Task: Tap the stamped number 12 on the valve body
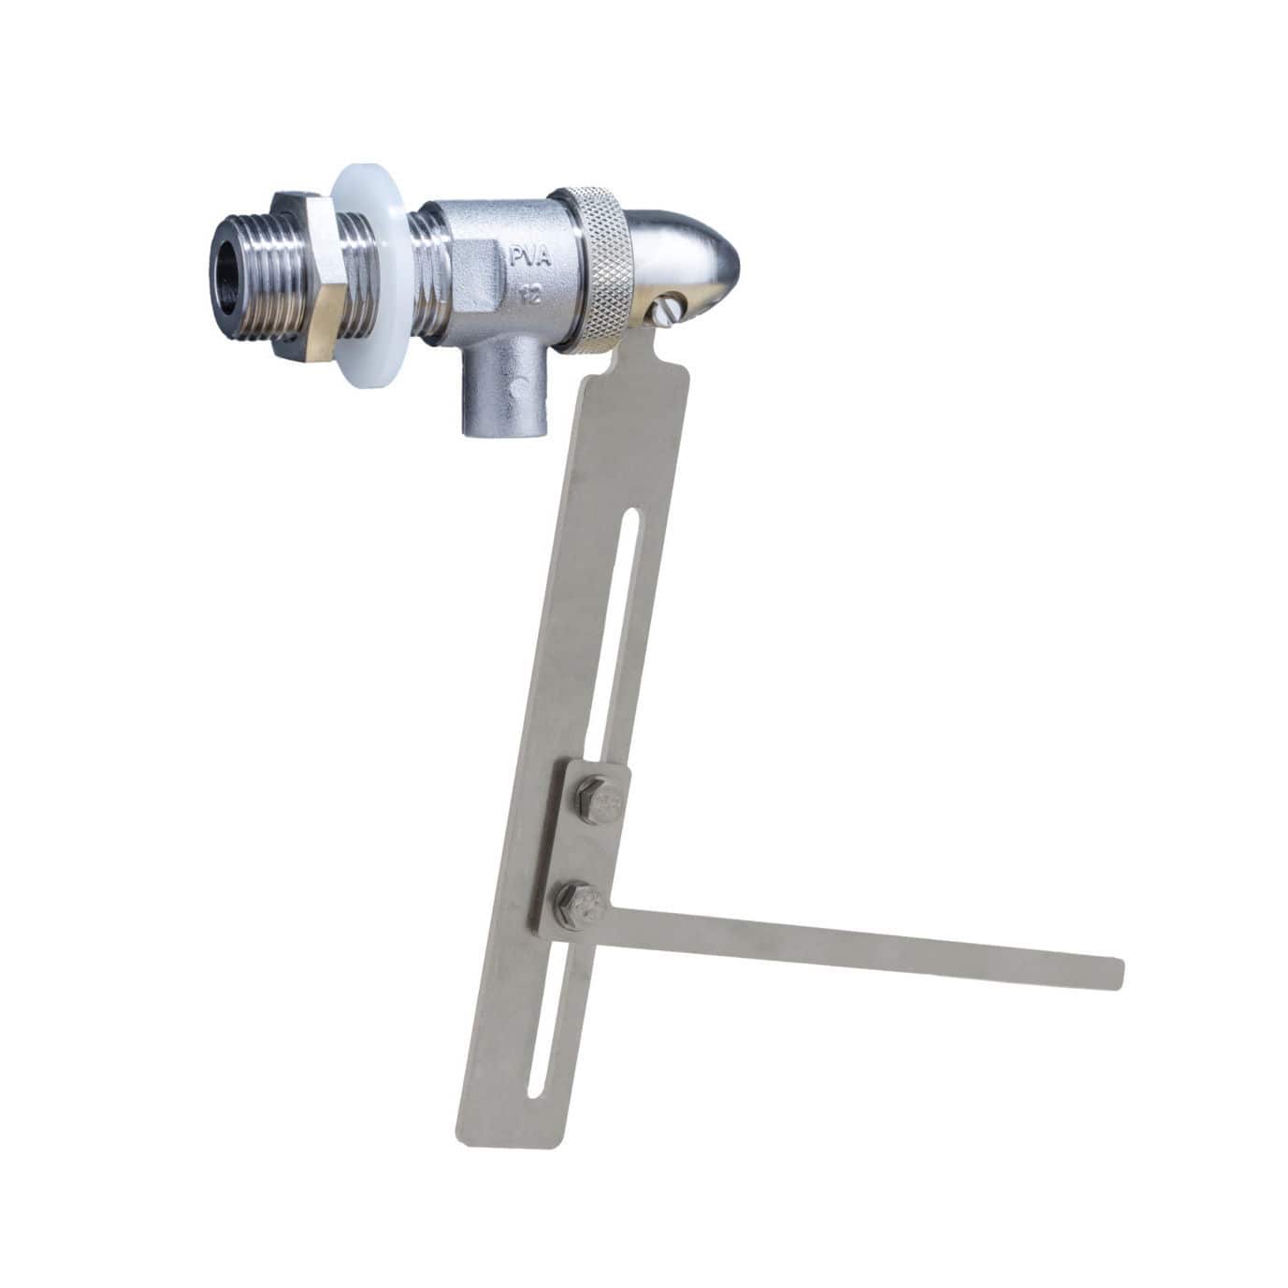(528, 297)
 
